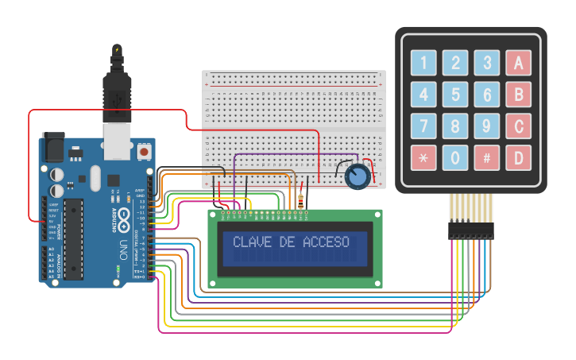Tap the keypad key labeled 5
(455, 95)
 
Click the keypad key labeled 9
(487, 126)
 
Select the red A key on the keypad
(519, 63)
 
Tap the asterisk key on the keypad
(423, 157)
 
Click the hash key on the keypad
(487, 157)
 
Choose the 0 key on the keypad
(455, 157)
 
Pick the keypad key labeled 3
(487, 63)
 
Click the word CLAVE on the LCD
(250, 242)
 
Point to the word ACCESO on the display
(326, 242)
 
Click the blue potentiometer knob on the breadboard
(358, 176)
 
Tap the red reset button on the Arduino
(145, 149)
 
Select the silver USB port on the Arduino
(117, 137)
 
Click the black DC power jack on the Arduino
(53, 146)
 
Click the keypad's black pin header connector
(470, 230)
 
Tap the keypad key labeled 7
(423, 126)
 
